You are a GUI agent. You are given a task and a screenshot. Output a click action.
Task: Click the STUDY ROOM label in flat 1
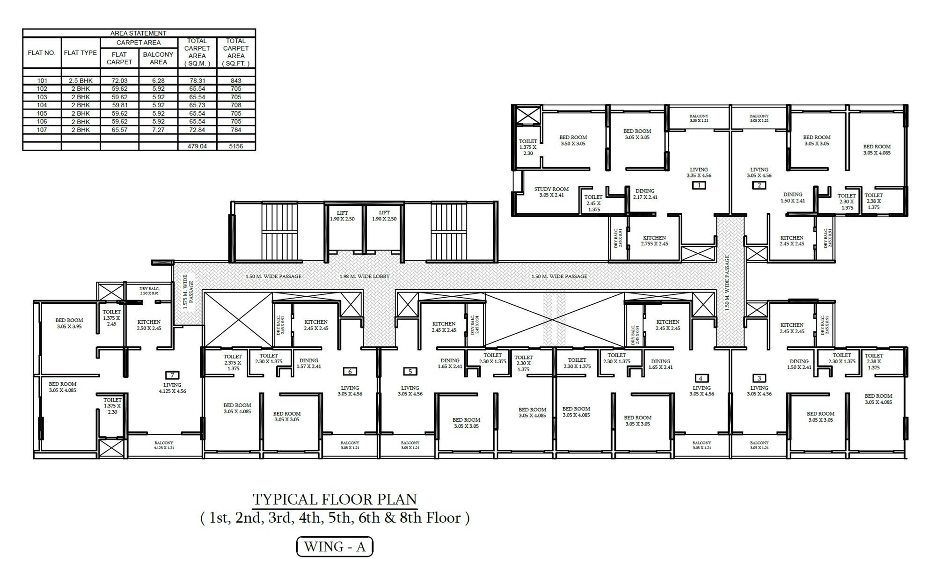551,192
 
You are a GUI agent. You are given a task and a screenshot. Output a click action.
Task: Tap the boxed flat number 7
172,375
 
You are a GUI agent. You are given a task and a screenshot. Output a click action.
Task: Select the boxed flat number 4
700,378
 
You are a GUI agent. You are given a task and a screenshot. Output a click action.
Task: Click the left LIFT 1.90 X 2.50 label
342,216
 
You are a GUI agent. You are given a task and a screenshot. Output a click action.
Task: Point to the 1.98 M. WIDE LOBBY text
364,276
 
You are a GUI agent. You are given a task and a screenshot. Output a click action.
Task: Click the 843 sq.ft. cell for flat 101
236,80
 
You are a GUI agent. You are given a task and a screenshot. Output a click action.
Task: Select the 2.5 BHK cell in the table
80,80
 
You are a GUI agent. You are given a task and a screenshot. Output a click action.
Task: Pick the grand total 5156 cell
236,146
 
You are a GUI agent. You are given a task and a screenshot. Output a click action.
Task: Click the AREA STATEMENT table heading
139,33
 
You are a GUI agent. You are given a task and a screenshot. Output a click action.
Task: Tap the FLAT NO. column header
42,53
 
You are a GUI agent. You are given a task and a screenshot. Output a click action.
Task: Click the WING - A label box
335,547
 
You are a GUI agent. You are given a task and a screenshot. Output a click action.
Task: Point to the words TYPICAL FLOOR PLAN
335,499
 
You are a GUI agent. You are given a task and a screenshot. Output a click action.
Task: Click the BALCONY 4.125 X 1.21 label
164,445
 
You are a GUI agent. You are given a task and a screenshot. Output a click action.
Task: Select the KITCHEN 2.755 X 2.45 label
654,241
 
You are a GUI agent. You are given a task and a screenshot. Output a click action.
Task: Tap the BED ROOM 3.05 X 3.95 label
69,323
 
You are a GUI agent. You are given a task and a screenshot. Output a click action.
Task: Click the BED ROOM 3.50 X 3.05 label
573,140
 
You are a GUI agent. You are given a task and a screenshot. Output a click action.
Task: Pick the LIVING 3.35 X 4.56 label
699,173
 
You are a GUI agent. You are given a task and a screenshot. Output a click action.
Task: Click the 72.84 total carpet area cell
197,130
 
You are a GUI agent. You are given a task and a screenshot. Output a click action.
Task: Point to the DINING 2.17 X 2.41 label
645,194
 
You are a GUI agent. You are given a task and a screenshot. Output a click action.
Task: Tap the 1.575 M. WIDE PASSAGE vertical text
188,298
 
